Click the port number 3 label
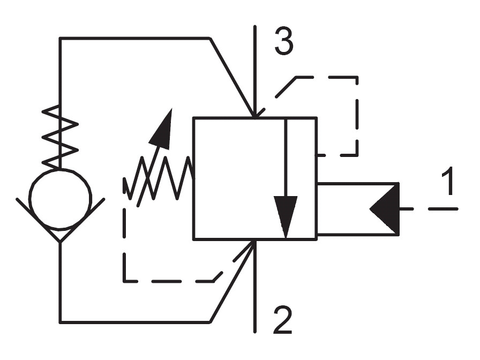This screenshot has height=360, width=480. tap(284, 42)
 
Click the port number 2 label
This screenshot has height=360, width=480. tap(282, 319)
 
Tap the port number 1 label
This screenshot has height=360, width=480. tap(448, 181)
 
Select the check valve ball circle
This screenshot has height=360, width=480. tap(61, 199)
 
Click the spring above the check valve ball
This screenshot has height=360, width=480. tap(61, 137)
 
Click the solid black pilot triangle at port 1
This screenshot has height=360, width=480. tap(385, 209)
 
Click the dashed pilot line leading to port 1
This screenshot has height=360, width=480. tap(429, 209)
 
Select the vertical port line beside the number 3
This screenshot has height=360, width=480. tap(254, 71)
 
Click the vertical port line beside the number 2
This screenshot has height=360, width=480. tap(254, 286)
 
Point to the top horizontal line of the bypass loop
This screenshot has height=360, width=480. tap(134, 38)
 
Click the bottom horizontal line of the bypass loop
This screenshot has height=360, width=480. tap(134, 322)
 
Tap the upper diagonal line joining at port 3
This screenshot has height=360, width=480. tap(232, 78)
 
